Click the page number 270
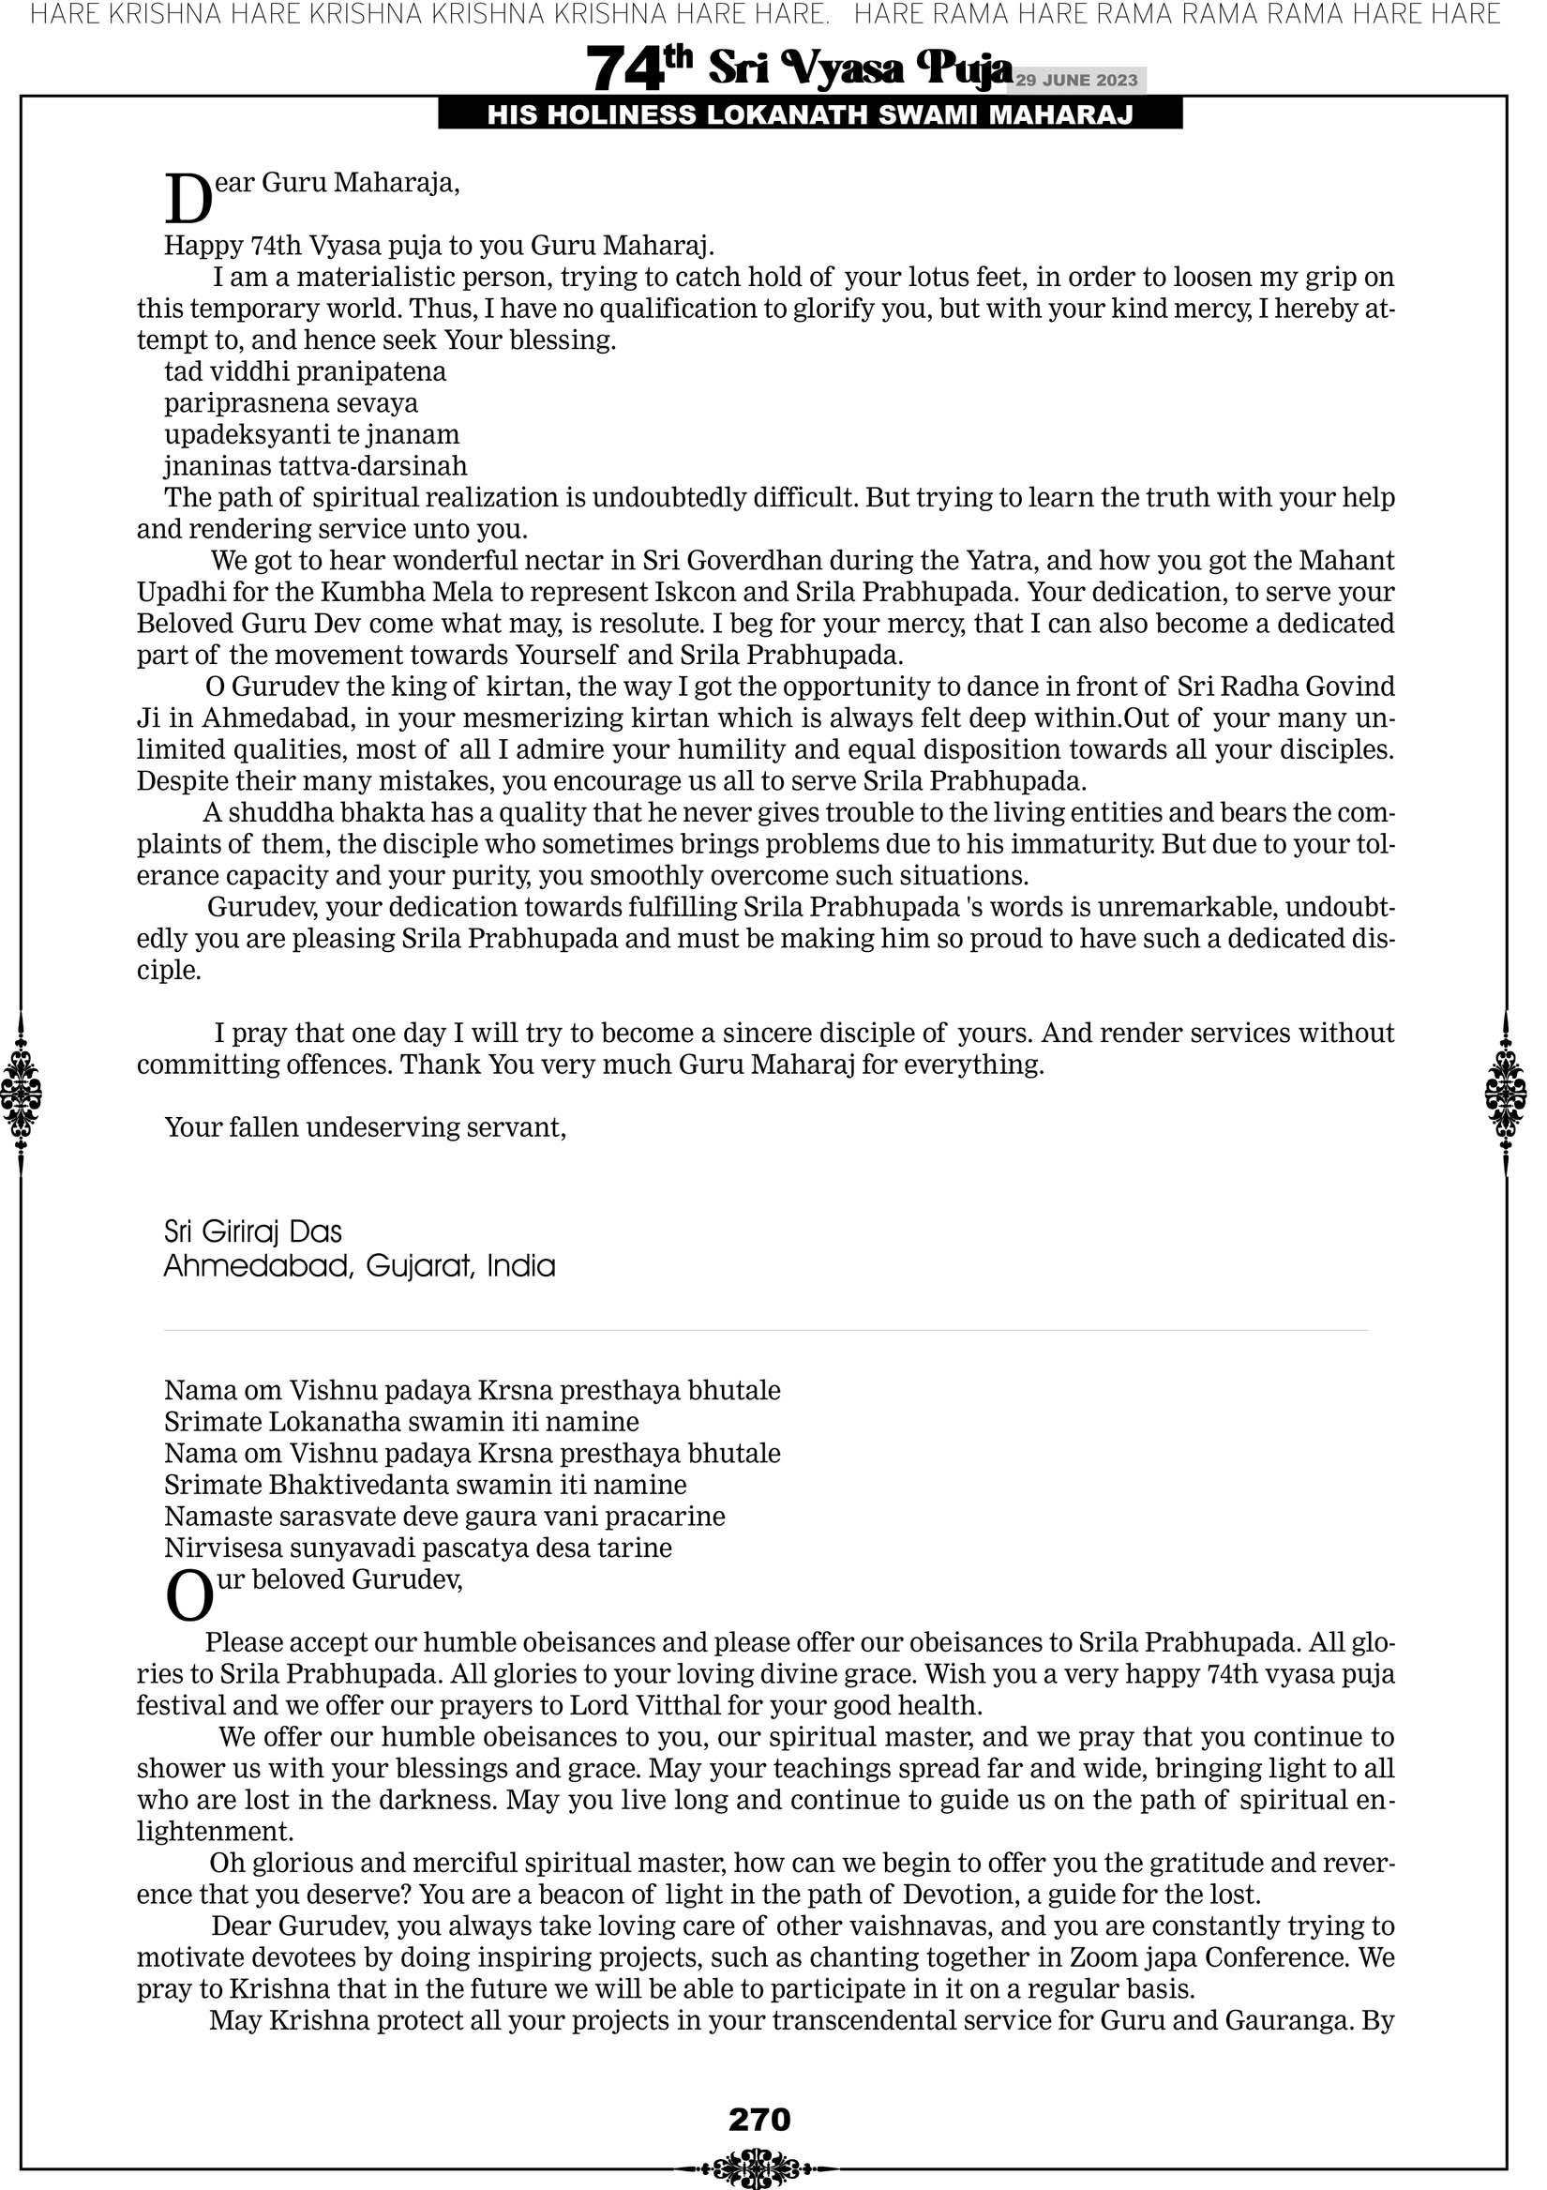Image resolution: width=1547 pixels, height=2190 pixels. pos(759,2120)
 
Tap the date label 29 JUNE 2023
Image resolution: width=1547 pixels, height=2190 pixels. pos(1076,80)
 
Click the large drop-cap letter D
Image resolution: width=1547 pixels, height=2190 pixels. pos(188,200)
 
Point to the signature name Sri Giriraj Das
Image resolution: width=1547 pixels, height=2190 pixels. pos(253,1232)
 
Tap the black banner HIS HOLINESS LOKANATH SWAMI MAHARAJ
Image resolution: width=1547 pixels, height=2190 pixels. pos(810,115)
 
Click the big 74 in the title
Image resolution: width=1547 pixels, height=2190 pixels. pos(624,69)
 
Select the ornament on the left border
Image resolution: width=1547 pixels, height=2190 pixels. pos(21,1093)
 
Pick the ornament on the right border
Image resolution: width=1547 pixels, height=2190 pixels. pos(1506,1093)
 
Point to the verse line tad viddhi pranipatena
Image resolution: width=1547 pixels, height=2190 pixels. pos(306,372)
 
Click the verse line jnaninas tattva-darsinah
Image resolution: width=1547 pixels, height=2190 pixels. pos(316,466)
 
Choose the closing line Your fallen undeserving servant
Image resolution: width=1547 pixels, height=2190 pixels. pos(366,1127)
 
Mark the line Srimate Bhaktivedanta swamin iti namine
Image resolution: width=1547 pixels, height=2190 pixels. pos(426,1485)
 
